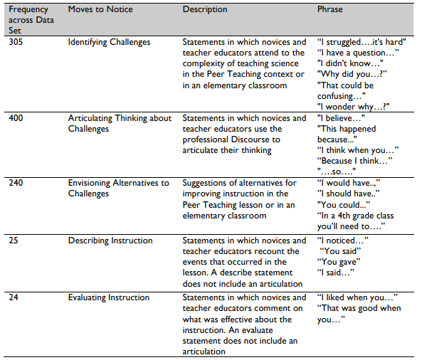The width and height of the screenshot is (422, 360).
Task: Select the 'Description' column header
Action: (205, 9)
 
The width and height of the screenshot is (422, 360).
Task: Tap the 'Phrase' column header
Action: (329, 9)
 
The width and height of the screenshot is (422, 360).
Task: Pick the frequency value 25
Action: (13, 240)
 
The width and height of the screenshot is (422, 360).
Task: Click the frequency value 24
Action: (13, 297)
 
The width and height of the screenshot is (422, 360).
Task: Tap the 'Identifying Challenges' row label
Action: (109, 42)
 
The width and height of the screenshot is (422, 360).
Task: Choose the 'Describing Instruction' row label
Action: (110, 240)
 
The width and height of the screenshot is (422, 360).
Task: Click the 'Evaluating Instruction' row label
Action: (108, 297)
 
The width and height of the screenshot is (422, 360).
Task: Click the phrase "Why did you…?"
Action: (352, 74)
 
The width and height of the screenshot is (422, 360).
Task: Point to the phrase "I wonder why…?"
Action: (354, 106)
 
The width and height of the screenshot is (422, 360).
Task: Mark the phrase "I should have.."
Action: (348, 194)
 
